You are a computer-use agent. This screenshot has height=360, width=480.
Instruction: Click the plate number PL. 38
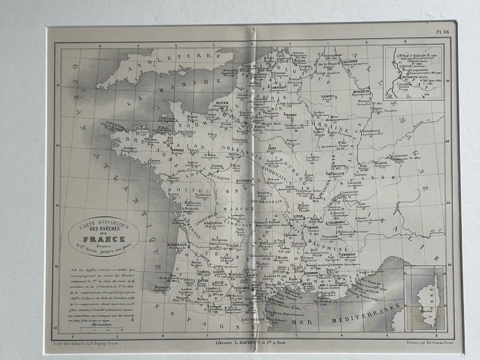(x=442, y=32)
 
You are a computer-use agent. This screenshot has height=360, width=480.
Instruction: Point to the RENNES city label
(x=177, y=150)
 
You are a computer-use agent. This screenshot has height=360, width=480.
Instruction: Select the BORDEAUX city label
(x=177, y=245)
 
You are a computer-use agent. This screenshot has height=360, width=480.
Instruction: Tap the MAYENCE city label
(x=361, y=91)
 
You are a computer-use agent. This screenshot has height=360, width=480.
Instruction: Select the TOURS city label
(x=217, y=166)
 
